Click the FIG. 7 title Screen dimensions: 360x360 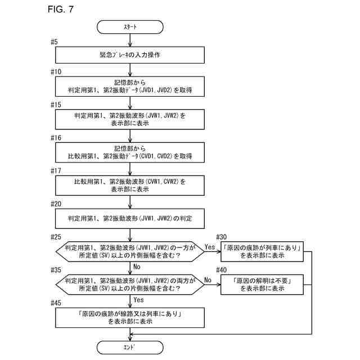pyautogui.click(x=61, y=9)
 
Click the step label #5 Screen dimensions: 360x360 pyautogui.click(x=54, y=42)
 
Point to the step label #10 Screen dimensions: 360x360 pyautogui.click(x=56, y=72)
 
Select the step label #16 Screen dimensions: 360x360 pyautogui.click(x=56, y=138)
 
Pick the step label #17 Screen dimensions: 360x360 pyautogui.click(x=56, y=171)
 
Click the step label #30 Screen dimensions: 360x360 pyautogui.click(x=221, y=237)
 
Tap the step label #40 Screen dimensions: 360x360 pyautogui.click(x=221, y=270)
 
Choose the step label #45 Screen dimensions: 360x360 pyautogui.click(x=56, y=303)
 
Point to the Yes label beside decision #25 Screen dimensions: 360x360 pyautogui.click(x=210, y=247)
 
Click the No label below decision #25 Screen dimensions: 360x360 pyautogui.click(x=137, y=267)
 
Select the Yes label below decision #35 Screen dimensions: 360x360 pyautogui.click(x=139, y=300)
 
